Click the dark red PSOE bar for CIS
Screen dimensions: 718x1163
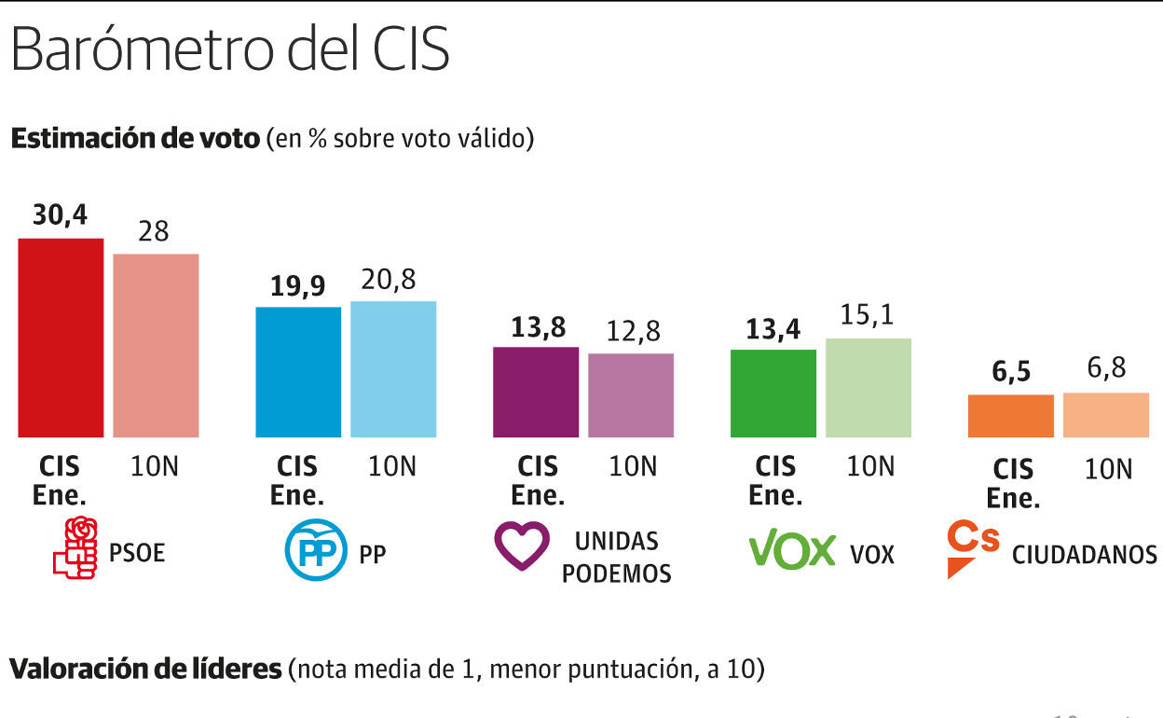(61, 338)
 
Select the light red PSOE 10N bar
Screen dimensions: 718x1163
(156, 345)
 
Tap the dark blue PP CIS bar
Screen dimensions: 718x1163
(298, 371)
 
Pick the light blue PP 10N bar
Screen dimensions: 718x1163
(393, 368)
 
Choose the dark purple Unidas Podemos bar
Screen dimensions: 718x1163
(536, 392)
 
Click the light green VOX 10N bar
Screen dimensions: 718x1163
(868, 387)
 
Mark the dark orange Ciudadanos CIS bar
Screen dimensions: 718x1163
(1011, 416)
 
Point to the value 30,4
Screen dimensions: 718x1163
(60, 215)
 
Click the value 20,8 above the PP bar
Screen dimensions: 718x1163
(392, 279)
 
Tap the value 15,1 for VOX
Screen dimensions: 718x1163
(868, 316)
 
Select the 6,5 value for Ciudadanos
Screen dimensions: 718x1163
(1011, 371)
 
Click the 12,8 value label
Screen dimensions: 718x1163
(630, 331)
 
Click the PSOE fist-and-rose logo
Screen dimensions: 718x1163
(75, 547)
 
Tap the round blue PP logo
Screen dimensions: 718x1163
(315, 553)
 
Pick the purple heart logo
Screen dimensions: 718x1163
(522, 546)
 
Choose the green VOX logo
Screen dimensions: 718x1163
(792, 548)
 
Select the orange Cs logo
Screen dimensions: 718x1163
(971, 548)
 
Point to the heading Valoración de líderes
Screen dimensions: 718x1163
(145, 669)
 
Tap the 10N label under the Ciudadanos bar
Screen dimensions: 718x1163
(1108, 469)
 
